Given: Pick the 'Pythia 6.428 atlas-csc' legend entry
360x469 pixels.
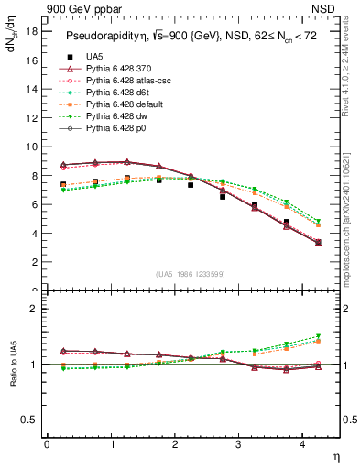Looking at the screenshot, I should pyautogui.click(x=128, y=81).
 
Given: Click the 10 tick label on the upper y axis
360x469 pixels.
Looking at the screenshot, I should pyautogui.click(x=30, y=147).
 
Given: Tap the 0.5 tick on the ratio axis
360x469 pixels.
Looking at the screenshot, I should pyautogui.click(x=28, y=420).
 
